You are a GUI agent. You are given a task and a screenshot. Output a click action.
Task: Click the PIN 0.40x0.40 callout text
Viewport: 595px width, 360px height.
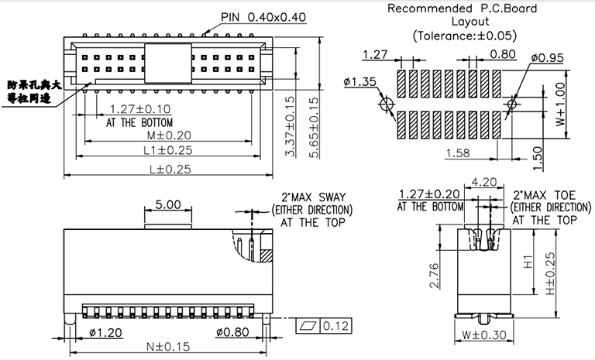263,16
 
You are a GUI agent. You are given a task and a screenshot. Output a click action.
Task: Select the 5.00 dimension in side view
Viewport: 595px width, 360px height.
167,205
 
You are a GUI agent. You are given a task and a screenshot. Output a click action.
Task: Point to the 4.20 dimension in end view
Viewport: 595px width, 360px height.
484,183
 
